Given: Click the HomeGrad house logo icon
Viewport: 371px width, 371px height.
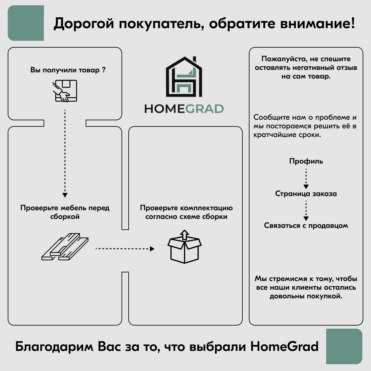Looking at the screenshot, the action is [184, 76].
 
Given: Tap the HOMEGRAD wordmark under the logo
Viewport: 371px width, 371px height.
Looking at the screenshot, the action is [184, 109].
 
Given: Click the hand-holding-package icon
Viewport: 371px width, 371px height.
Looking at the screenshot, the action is [65, 91].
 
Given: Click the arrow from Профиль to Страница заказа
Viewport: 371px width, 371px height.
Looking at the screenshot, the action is [306, 178].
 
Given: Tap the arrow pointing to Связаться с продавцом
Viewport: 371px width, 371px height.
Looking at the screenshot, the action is [306, 210].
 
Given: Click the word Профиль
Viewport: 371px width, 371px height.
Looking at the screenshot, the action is [306, 161].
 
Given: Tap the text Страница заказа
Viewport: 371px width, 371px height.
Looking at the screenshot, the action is [306, 194].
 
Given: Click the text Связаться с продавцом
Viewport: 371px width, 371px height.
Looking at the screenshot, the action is [306, 225].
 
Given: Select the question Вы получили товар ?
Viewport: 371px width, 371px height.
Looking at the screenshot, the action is [68, 70].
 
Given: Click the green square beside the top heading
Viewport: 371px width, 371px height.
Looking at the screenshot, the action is [26, 23].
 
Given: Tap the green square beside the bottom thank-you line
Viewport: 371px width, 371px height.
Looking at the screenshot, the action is [344, 346].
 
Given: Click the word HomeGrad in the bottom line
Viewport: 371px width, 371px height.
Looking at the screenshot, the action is [284, 347].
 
